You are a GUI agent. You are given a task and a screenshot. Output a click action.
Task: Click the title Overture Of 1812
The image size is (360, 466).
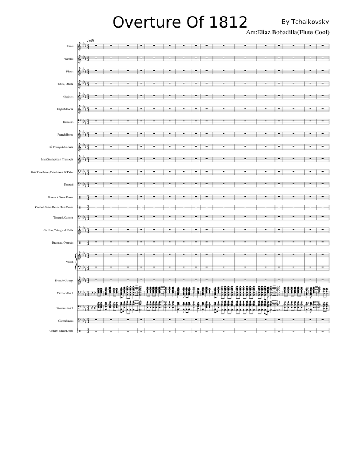tap(180, 22)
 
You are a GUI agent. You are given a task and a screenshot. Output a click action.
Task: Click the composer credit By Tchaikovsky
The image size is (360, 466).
tap(305, 22)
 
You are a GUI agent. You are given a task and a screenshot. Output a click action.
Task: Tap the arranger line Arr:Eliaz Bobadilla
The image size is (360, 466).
tap(288, 32)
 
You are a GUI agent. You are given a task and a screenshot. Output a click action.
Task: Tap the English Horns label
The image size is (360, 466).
tap(65, 109)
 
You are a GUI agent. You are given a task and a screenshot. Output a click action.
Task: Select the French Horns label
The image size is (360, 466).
tap(65, 135)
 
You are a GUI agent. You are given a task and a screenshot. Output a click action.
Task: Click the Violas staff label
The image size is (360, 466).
tap(70, 262)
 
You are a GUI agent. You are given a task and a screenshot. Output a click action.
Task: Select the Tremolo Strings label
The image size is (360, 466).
tap(64, 280)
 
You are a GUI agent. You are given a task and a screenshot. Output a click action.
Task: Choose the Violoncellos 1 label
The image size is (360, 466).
tap(65, 293)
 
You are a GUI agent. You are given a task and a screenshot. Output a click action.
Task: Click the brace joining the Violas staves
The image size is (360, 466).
tap(76, 262)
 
